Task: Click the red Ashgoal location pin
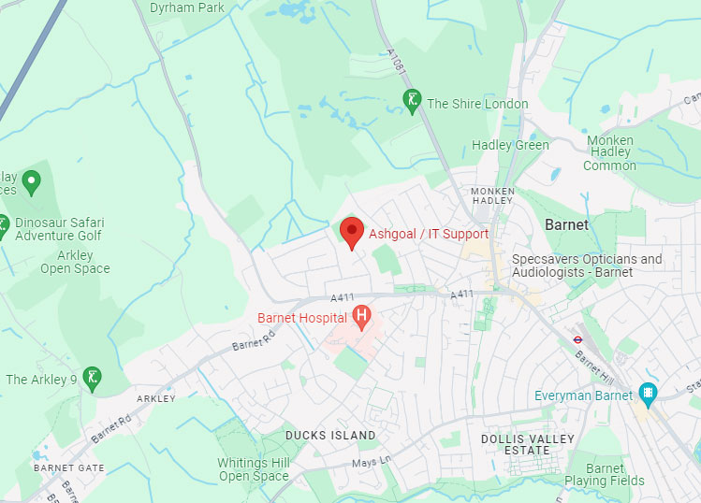[x=351, y=231]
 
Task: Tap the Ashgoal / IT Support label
[x=429, y=234]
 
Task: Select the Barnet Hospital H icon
[x=362, y=319]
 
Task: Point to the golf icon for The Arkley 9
[x=92, y=378]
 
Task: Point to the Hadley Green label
[x=510, y=145]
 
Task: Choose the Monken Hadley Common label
[x=609, y=152]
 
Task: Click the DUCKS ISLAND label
[x=330, y=436]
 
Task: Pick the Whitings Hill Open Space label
[x=254, y=469]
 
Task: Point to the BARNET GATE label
[x=69, y=467]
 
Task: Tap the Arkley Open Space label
[x=75, y=262]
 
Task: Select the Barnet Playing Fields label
[x=605, y=474]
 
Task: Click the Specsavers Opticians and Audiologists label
[x=587, y=266]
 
